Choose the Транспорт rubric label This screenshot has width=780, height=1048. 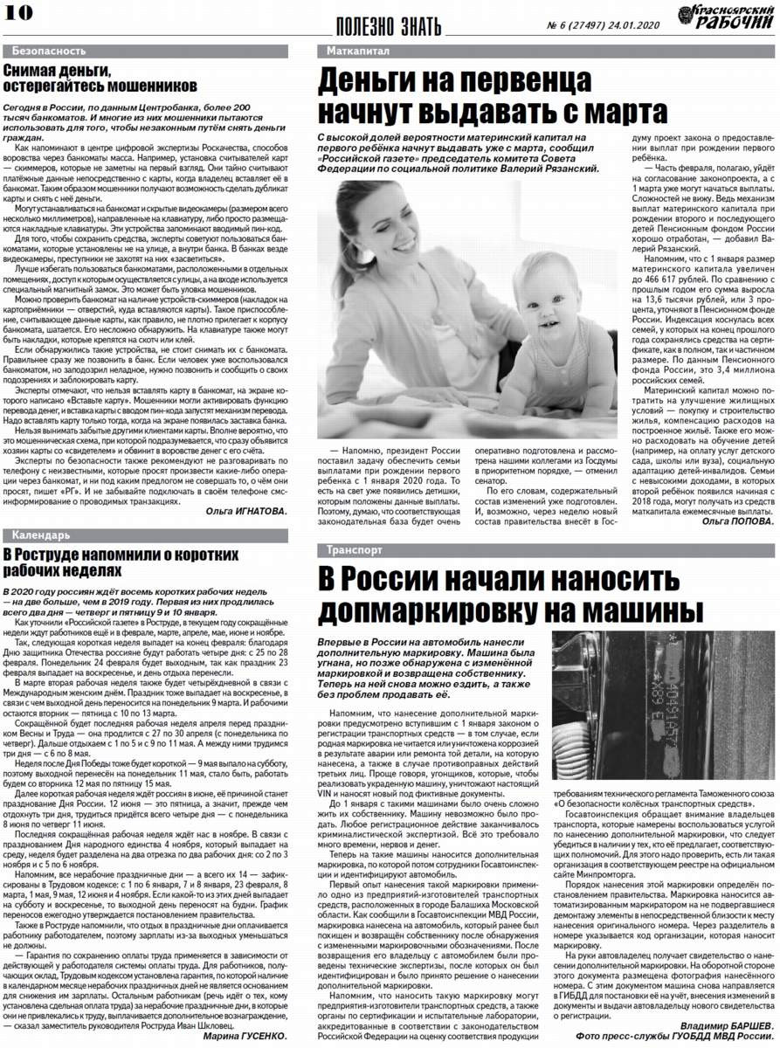coord(354,551)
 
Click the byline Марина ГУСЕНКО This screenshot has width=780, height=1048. coord(246,1036)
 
